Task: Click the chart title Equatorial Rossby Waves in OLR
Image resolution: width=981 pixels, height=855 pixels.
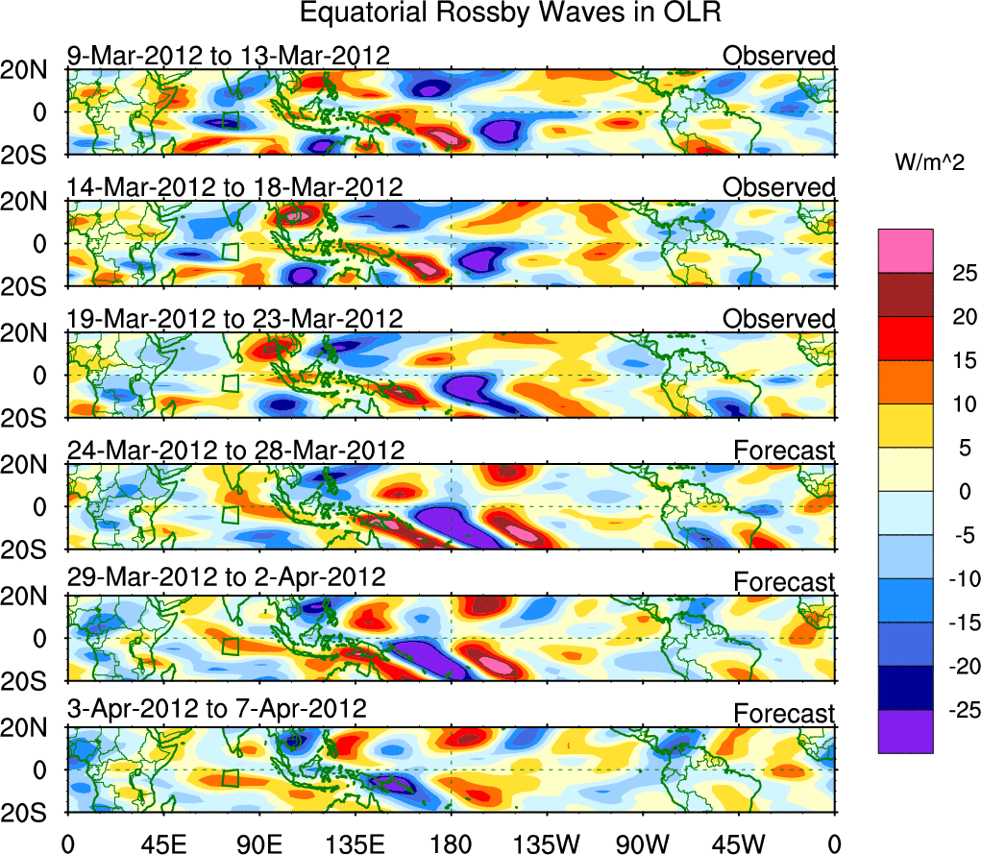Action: (x=510, y=13)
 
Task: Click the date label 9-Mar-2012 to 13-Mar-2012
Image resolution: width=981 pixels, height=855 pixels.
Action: (x=229, y=56)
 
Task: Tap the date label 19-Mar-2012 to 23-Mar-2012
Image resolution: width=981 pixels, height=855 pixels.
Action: (x=234, y=318)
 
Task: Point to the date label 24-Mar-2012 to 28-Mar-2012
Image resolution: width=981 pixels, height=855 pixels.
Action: (x=235, y=450)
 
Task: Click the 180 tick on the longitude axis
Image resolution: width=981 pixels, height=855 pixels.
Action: (x=451, y=843)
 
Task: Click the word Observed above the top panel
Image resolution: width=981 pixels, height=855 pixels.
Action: (x=779, y=56)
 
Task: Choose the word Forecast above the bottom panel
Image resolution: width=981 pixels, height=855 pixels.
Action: (x=784, y=714)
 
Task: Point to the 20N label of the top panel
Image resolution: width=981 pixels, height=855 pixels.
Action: (x=31, y=70)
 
